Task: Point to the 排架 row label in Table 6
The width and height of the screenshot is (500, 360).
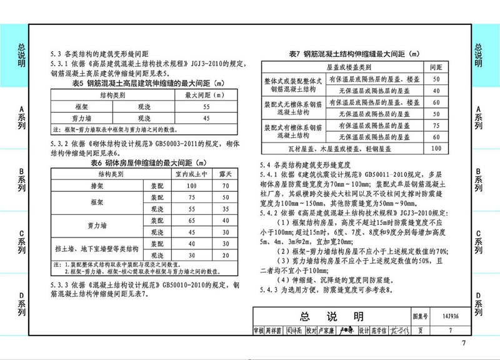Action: point(96,186)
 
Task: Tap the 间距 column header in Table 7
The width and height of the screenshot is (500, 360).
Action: point(436,66)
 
